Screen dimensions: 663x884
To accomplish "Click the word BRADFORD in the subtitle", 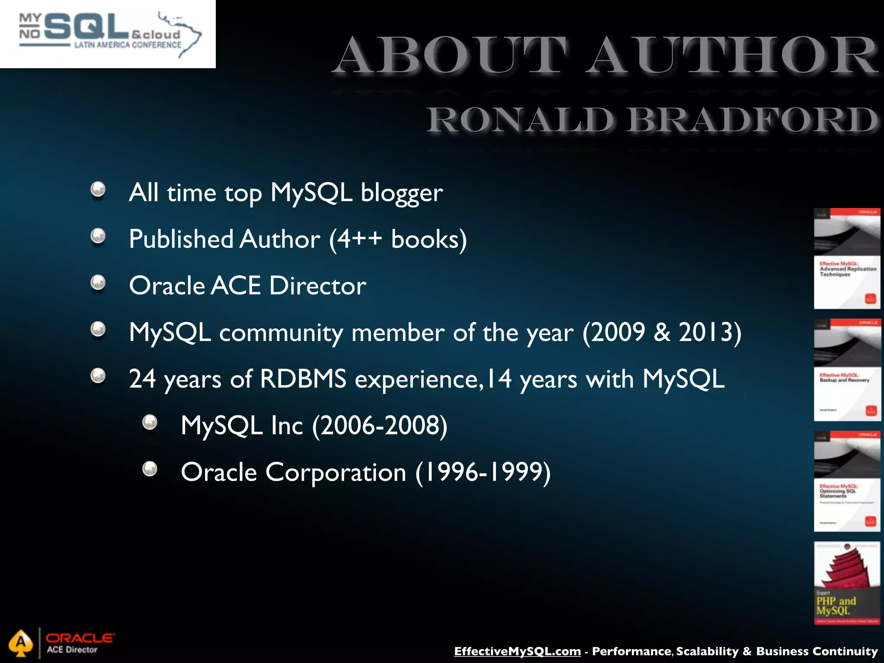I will point(753,120).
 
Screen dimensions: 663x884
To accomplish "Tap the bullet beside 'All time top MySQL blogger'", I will point(98,189).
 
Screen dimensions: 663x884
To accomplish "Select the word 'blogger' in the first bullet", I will point(401,193).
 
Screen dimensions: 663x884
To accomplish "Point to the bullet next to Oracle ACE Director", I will point(98,283).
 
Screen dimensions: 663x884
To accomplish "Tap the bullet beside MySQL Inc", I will point(150,422).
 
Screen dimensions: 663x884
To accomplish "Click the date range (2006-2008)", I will point(380,426).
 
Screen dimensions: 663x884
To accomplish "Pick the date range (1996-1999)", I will point(483,472).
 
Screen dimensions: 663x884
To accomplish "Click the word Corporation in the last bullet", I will point(336,472).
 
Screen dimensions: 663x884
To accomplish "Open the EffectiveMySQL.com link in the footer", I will point(517,651).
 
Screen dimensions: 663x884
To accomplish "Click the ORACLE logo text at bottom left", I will point(80,638).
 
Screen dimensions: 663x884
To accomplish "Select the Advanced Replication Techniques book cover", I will point(847,259).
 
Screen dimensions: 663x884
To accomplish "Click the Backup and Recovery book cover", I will point(847,369).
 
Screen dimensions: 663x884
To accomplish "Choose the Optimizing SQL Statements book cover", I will point(847,481).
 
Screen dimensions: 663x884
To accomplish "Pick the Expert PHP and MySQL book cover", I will point(847,583).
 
